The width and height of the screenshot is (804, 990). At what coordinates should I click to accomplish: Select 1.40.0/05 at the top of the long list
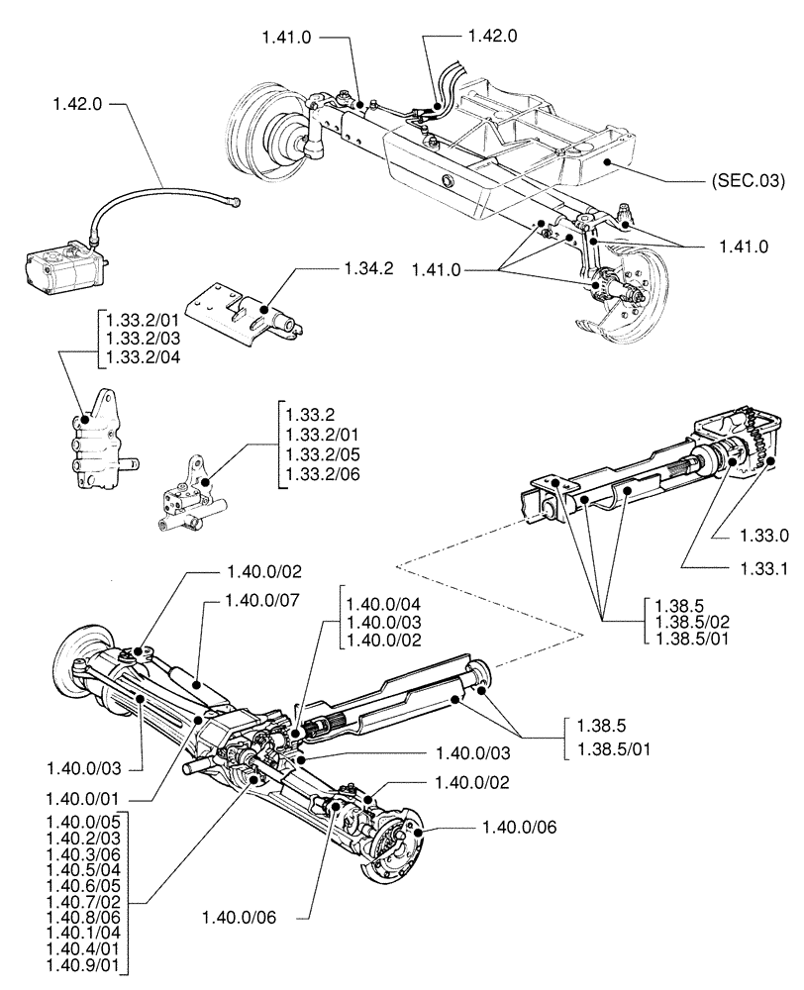(86, 822)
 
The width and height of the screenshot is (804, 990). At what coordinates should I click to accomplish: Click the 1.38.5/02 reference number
(694, 622)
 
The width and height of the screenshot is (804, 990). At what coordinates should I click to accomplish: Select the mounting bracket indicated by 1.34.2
(244, 307)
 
